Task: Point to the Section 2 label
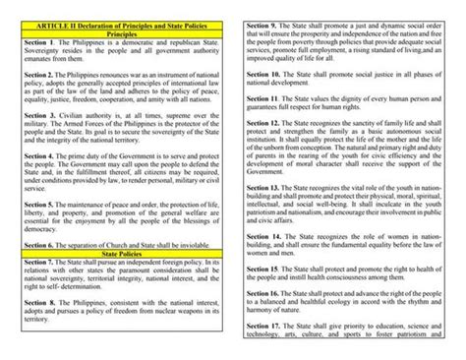point(42,75)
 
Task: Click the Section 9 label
point(265,22)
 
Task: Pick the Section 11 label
point(267,100)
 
